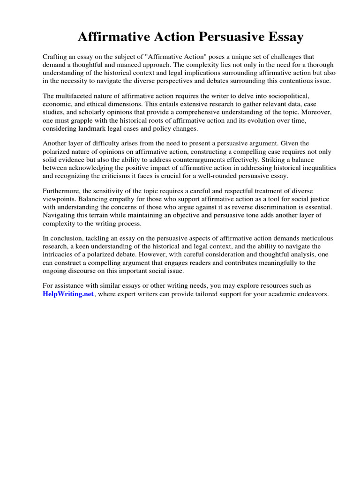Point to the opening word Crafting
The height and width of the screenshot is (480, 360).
point(57,56)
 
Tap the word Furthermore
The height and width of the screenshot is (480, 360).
point(63,191)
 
